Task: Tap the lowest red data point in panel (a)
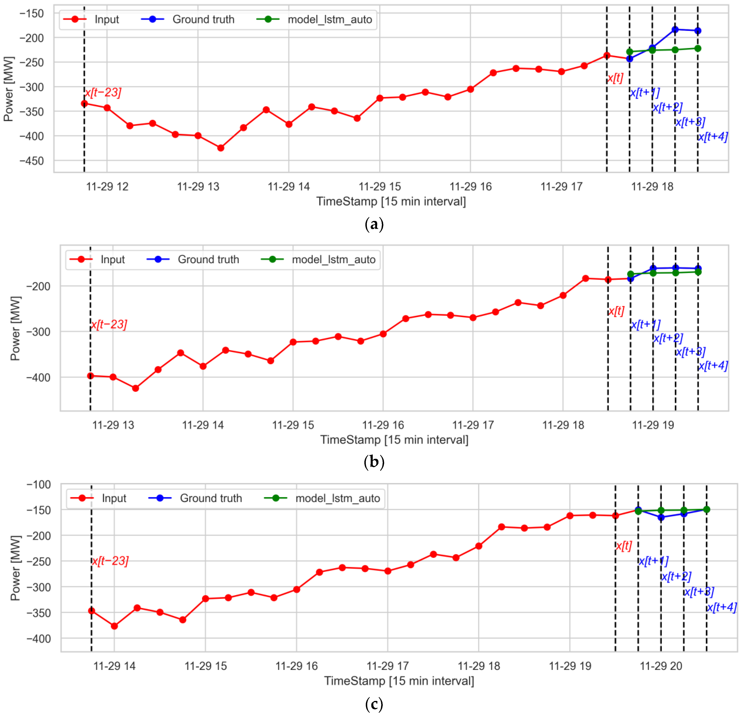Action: click(221, 148)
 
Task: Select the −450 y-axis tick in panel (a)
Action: click(32, 161)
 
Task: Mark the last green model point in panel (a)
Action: click(698, 49)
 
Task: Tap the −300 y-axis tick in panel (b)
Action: click(38, 332)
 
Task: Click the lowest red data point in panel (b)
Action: click(135, 388)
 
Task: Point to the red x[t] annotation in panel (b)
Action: click(616, 311)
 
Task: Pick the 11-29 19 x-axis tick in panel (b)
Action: click(653, 425)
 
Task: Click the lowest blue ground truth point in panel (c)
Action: click(661, 517)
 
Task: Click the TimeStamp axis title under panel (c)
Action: click(399, 681)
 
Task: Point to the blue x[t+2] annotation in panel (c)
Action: click(676, 577)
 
